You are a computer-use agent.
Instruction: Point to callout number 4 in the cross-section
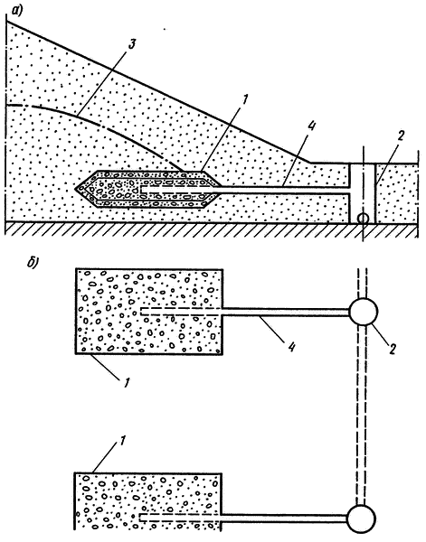310,127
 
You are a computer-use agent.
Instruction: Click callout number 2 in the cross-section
401,136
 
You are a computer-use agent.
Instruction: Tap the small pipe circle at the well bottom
363,218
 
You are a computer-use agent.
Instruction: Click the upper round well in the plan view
363,312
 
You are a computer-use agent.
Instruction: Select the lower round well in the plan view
361,519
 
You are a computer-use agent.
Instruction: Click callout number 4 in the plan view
292,346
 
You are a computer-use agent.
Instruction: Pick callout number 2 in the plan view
392,349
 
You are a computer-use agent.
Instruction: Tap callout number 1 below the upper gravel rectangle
126,381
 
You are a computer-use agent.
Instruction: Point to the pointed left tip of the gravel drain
75,188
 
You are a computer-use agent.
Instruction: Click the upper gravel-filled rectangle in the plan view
149,311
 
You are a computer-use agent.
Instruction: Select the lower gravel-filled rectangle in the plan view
148,500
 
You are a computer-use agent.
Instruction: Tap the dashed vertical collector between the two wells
362,416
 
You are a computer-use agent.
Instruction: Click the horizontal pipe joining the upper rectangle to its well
286,312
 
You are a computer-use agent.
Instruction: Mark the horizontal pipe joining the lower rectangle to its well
285,518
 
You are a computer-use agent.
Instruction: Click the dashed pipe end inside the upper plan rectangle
142,311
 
